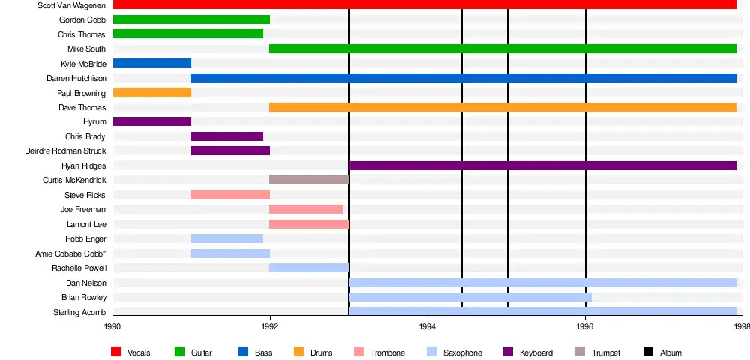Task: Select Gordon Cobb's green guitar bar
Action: (191, 19)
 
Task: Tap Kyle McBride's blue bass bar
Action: (152, 63)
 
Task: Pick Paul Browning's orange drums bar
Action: (152, 92)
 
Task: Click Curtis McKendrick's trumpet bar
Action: (309, 180)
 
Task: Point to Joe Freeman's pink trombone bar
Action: (306, 209)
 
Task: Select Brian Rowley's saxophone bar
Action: (470, 297)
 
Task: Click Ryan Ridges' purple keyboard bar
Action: (542, 166)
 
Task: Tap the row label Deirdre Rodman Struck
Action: (65, 151)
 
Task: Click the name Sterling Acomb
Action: (79, 312)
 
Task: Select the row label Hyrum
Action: (94, 121)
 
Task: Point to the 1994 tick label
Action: (427, 326)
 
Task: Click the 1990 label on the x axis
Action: (112, 326)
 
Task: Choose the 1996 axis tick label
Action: (585, 326)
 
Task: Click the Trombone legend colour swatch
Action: (358, 352)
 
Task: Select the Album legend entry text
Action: (670, 352)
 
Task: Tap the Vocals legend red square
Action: (116, 352)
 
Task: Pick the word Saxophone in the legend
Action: (463, 352)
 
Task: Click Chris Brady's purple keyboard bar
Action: (226, 136)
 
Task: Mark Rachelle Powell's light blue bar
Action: (309, 268)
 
